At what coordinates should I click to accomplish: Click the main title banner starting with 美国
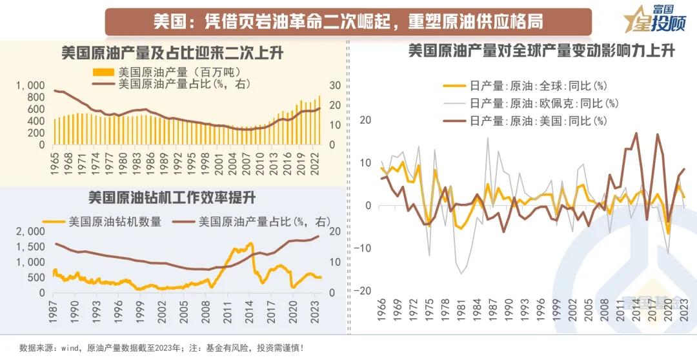[x=348, y=21]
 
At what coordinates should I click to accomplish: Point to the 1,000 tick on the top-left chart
[x=31, y=85]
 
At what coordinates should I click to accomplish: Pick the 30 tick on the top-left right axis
[x=334, y=85]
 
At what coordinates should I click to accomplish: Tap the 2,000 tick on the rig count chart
[x=31, y=232]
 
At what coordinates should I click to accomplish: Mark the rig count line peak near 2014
[x=250, y=244]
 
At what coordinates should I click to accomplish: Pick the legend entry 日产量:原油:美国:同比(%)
[x=539, y=120]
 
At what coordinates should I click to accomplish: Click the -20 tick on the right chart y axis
[x=365, y=291]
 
